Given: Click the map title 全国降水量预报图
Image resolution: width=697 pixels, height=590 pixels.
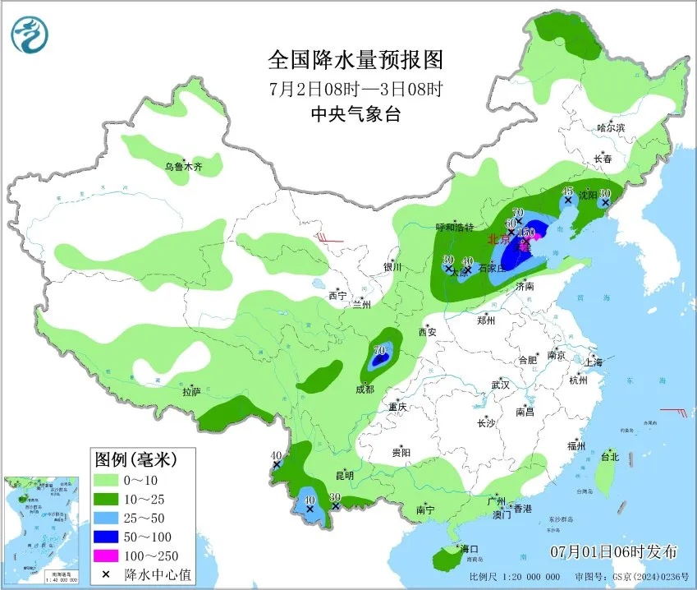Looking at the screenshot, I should tap(355, 60).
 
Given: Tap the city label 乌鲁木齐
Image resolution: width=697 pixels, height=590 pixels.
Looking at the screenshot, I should tap(182, 167).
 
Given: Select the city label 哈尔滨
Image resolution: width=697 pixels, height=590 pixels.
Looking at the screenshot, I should tap(611, 127).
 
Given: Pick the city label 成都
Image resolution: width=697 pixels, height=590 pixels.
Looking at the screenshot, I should tap(365, 389).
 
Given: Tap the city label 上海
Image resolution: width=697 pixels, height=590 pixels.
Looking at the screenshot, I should tap(594, 362).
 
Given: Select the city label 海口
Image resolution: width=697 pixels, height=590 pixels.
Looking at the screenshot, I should tap(469, 548).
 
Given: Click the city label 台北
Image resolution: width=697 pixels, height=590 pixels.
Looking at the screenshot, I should tap(609, 457).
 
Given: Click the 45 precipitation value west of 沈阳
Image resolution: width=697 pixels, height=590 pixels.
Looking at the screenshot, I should tap(567, 191).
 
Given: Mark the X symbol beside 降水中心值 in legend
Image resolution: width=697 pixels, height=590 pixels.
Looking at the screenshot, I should tap(106, 574).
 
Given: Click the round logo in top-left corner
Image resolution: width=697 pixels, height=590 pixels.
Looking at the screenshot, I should tap(30, 34).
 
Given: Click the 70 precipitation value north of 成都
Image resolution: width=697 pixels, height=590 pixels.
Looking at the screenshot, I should tap(379, 350).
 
